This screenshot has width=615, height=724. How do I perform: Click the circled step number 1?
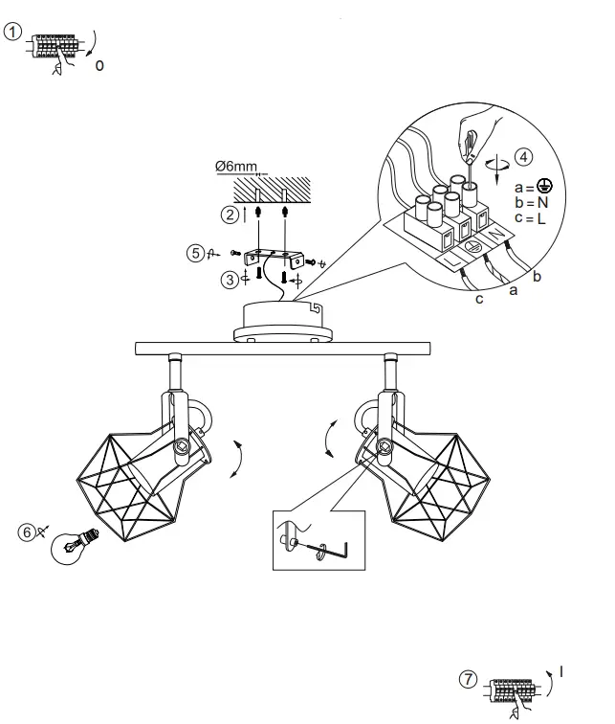12,32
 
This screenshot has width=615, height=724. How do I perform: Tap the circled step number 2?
230,215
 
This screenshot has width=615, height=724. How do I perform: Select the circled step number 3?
230,280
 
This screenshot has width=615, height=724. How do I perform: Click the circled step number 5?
195,253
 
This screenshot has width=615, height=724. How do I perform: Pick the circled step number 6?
28,531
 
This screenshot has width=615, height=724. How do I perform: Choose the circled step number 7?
467,679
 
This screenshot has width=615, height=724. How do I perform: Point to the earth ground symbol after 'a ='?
544,188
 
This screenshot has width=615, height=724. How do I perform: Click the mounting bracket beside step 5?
274,258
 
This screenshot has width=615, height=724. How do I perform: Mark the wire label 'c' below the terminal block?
479,299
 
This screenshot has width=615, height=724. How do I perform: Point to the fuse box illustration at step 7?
512,688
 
